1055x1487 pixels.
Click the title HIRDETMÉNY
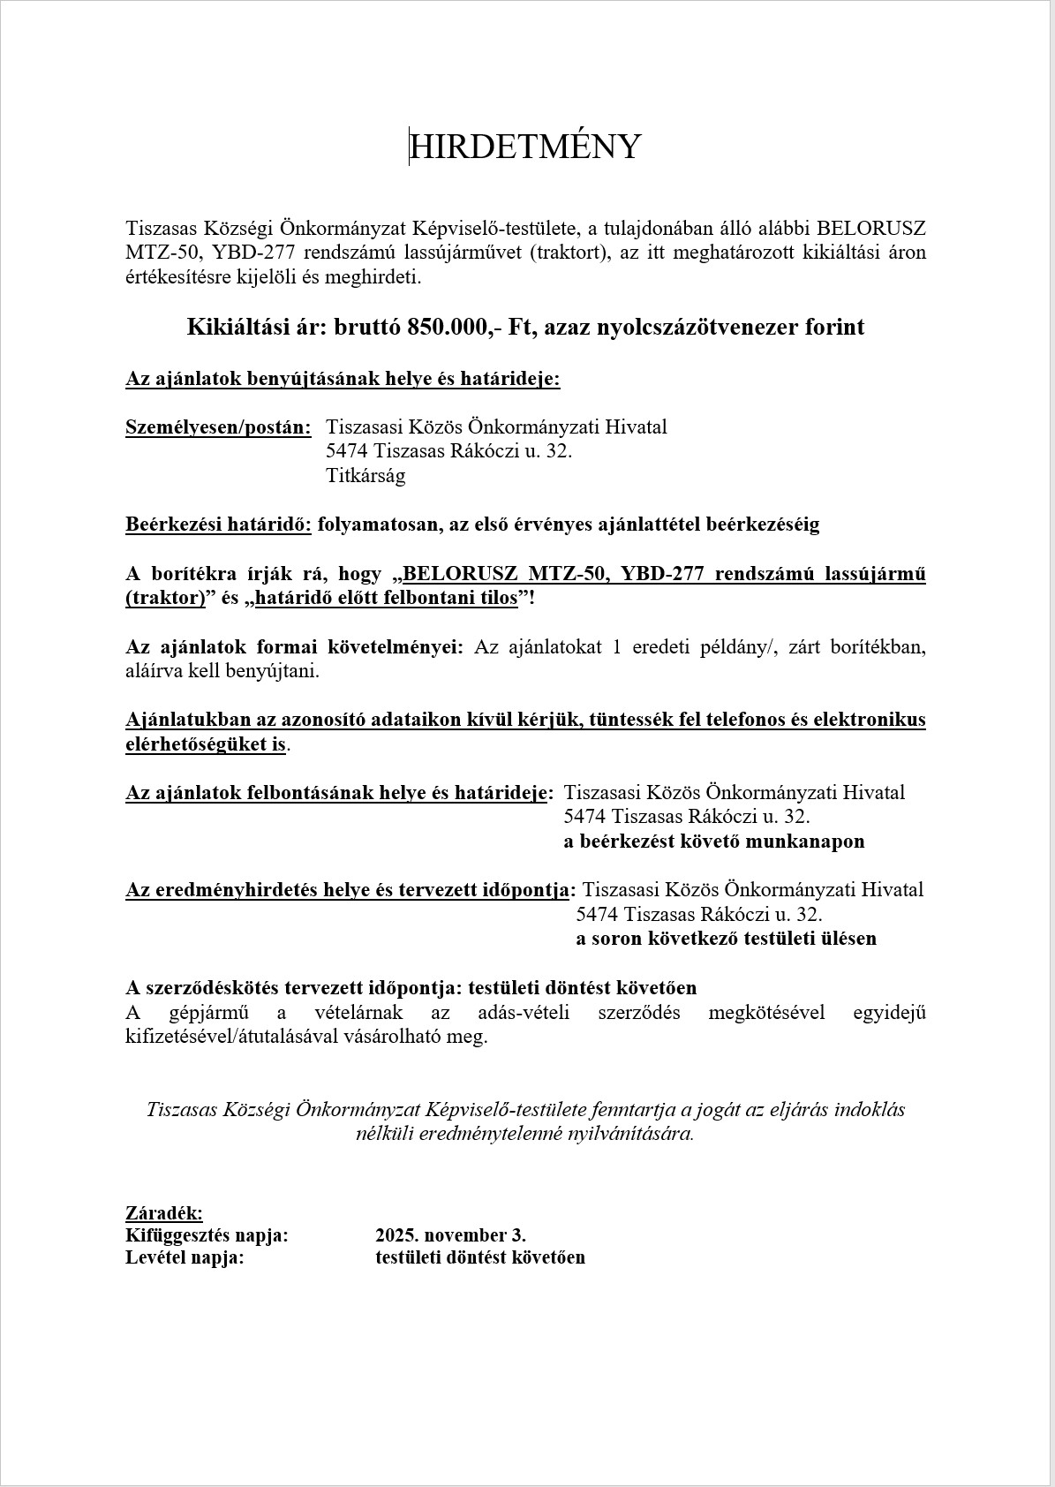pyautogui.click(x=525, y=147)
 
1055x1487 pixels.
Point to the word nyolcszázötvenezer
pyautogui.click(x=670, y=328)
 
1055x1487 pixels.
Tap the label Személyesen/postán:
pyautogui.click(x=218, y=427)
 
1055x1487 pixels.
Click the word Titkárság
pyautogui.click(x=365, y=476)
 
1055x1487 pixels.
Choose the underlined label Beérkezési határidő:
pyautogui.click(x=218, y=525)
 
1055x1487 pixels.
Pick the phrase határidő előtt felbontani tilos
pyautogui.click(x=387, y=598)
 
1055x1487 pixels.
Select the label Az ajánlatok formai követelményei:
pyautogui.click(x=294, y=646)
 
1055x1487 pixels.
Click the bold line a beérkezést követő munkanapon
pyautogui.click(x=713, y=842)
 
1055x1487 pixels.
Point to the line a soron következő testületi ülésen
pyautogui.click(x=726, y=939)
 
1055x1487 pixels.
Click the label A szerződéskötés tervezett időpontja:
pyautogui.click(x=293, y=987)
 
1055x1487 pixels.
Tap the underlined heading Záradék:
pyautogui.click(x=164, y=1213)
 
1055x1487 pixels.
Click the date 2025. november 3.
pyautogui.click(x=450, y=1235)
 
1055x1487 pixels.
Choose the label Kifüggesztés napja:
pyautogui.click(x=207, y=1235)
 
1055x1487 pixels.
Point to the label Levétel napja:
pyautogui.click(x=185, y=1257)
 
